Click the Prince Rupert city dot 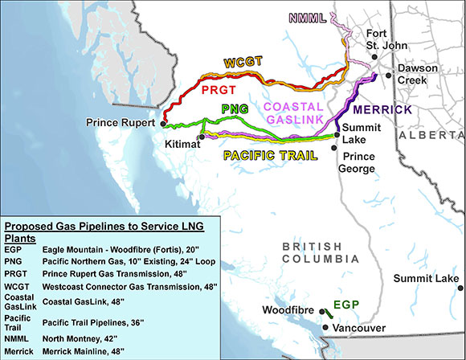pos(159,124)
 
